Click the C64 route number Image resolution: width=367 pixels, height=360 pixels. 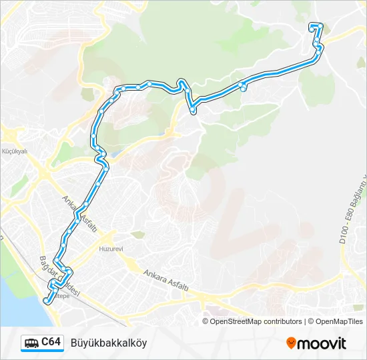click(51, 343)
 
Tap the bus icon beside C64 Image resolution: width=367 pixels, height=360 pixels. click(31, 343)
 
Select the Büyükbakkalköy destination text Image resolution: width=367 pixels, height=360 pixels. click(108, 343)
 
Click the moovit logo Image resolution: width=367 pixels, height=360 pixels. click(316, 343)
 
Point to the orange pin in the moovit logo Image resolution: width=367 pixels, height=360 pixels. click(291, 343)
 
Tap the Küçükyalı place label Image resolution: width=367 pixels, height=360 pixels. click(14, 152)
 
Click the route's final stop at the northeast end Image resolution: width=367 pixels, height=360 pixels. click(310, 26)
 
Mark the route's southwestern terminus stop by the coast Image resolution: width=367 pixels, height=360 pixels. click(47, 301)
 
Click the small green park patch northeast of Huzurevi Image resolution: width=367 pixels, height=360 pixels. click(137, 235)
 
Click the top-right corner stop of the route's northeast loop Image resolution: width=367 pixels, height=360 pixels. click(321, 26)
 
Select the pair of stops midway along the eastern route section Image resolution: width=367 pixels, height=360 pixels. click(244, 86)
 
